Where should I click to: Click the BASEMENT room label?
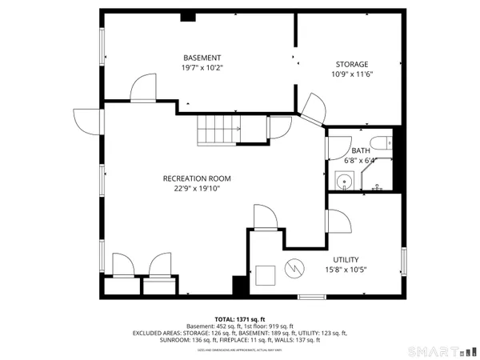click(x=202, y=58)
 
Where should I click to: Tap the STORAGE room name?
click(x=352, y=64)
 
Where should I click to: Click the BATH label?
click(x=361, y=150)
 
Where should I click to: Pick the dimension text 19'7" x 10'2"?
click(x=202, y=68)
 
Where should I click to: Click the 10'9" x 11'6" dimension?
click(x=352, y=74)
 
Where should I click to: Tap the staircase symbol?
click(x=218, y=129)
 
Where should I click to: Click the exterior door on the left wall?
click(x=83, y=121)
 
